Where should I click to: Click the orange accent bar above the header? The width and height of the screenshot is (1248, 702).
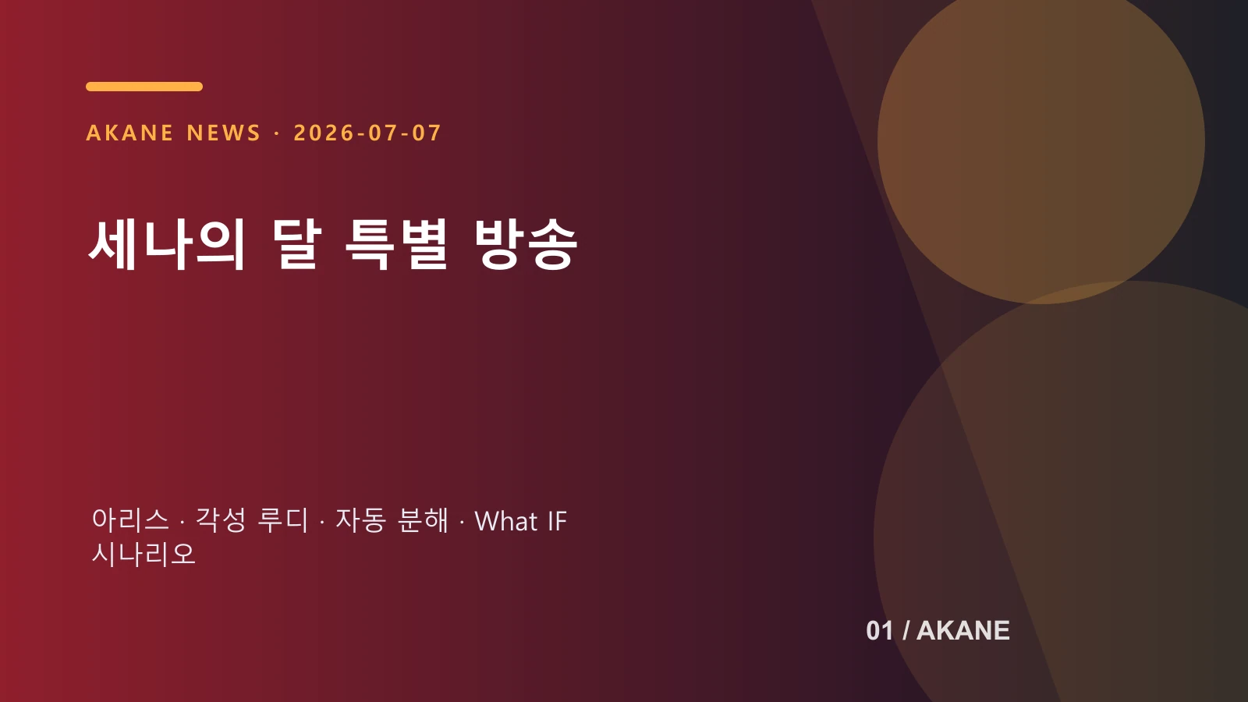click(x=144, y=87)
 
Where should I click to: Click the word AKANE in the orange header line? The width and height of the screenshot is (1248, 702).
click(x=129, y=133)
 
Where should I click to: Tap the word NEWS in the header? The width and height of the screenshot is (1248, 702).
click(x=223, y=133)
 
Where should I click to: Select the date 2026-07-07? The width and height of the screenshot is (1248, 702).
click(x=367, y=133)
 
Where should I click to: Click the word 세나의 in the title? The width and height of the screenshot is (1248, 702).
click(x=167, y=244)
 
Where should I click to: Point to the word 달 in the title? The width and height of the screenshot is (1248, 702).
click(x=297, y=244)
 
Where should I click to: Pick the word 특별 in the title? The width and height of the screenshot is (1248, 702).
click(x=396, y=244)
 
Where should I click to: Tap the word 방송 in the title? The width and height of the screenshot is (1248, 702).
click(x=526, y=244)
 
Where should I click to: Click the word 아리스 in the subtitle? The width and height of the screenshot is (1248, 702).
click(x=130, y=519)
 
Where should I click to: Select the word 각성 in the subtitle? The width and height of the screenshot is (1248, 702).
click(x=221, y=519)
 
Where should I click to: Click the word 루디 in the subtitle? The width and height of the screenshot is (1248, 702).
click(x=283, y=519)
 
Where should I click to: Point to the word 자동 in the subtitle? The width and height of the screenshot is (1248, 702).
click(x=360, y=519)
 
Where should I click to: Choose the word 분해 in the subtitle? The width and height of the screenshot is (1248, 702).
click(x=423, y=519)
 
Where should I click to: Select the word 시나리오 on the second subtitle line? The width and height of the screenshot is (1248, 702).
click(x=144, y=554)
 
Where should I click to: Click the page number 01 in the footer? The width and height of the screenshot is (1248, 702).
click(x=880, y=631)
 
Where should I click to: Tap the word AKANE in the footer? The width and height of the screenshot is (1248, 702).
click(x=963, y=631)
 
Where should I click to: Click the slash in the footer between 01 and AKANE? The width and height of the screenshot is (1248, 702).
click(x=906, y=631)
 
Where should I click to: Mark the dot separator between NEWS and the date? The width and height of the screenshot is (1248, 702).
click(x=278, y=133)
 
